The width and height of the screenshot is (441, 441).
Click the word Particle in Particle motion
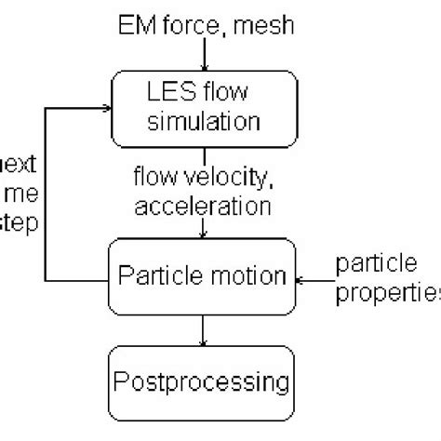click(165, 275)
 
